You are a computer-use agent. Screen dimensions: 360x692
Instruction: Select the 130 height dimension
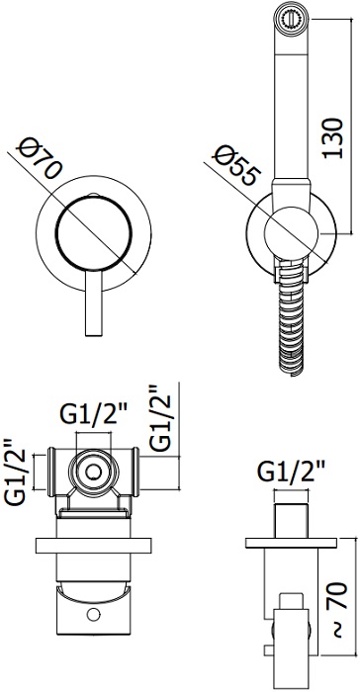pos(332,137)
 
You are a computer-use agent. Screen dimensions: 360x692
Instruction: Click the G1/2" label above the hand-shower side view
pos(291,472)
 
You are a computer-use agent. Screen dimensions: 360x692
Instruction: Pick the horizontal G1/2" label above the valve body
pos(93,414)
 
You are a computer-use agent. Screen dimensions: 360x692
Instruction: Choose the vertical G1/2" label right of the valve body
pos(158,418)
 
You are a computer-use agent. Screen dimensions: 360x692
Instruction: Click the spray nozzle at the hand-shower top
pos(291,19)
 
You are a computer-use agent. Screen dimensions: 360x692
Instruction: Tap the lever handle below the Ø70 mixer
pos(93,303)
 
